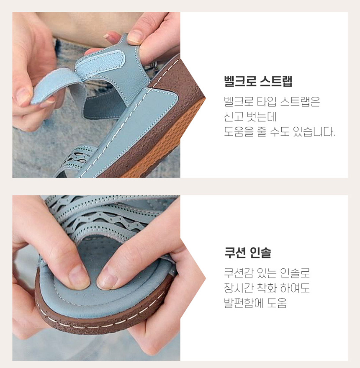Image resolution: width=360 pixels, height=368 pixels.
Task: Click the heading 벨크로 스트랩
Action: (258, 81)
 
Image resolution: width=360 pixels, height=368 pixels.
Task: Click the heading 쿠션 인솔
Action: (248, 252)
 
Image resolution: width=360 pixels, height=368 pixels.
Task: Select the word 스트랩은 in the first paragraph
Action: (300, 101)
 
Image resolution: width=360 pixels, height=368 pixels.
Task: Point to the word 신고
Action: (234, 116)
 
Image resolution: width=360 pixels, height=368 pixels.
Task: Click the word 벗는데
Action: (262, 116)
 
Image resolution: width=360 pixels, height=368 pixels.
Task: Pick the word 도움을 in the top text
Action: (239, 131)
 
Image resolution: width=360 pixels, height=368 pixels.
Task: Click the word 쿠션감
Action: (239, 273)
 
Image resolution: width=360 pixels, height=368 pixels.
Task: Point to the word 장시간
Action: (239, 288)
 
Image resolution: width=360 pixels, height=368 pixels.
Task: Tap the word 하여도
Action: (295, 288)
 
